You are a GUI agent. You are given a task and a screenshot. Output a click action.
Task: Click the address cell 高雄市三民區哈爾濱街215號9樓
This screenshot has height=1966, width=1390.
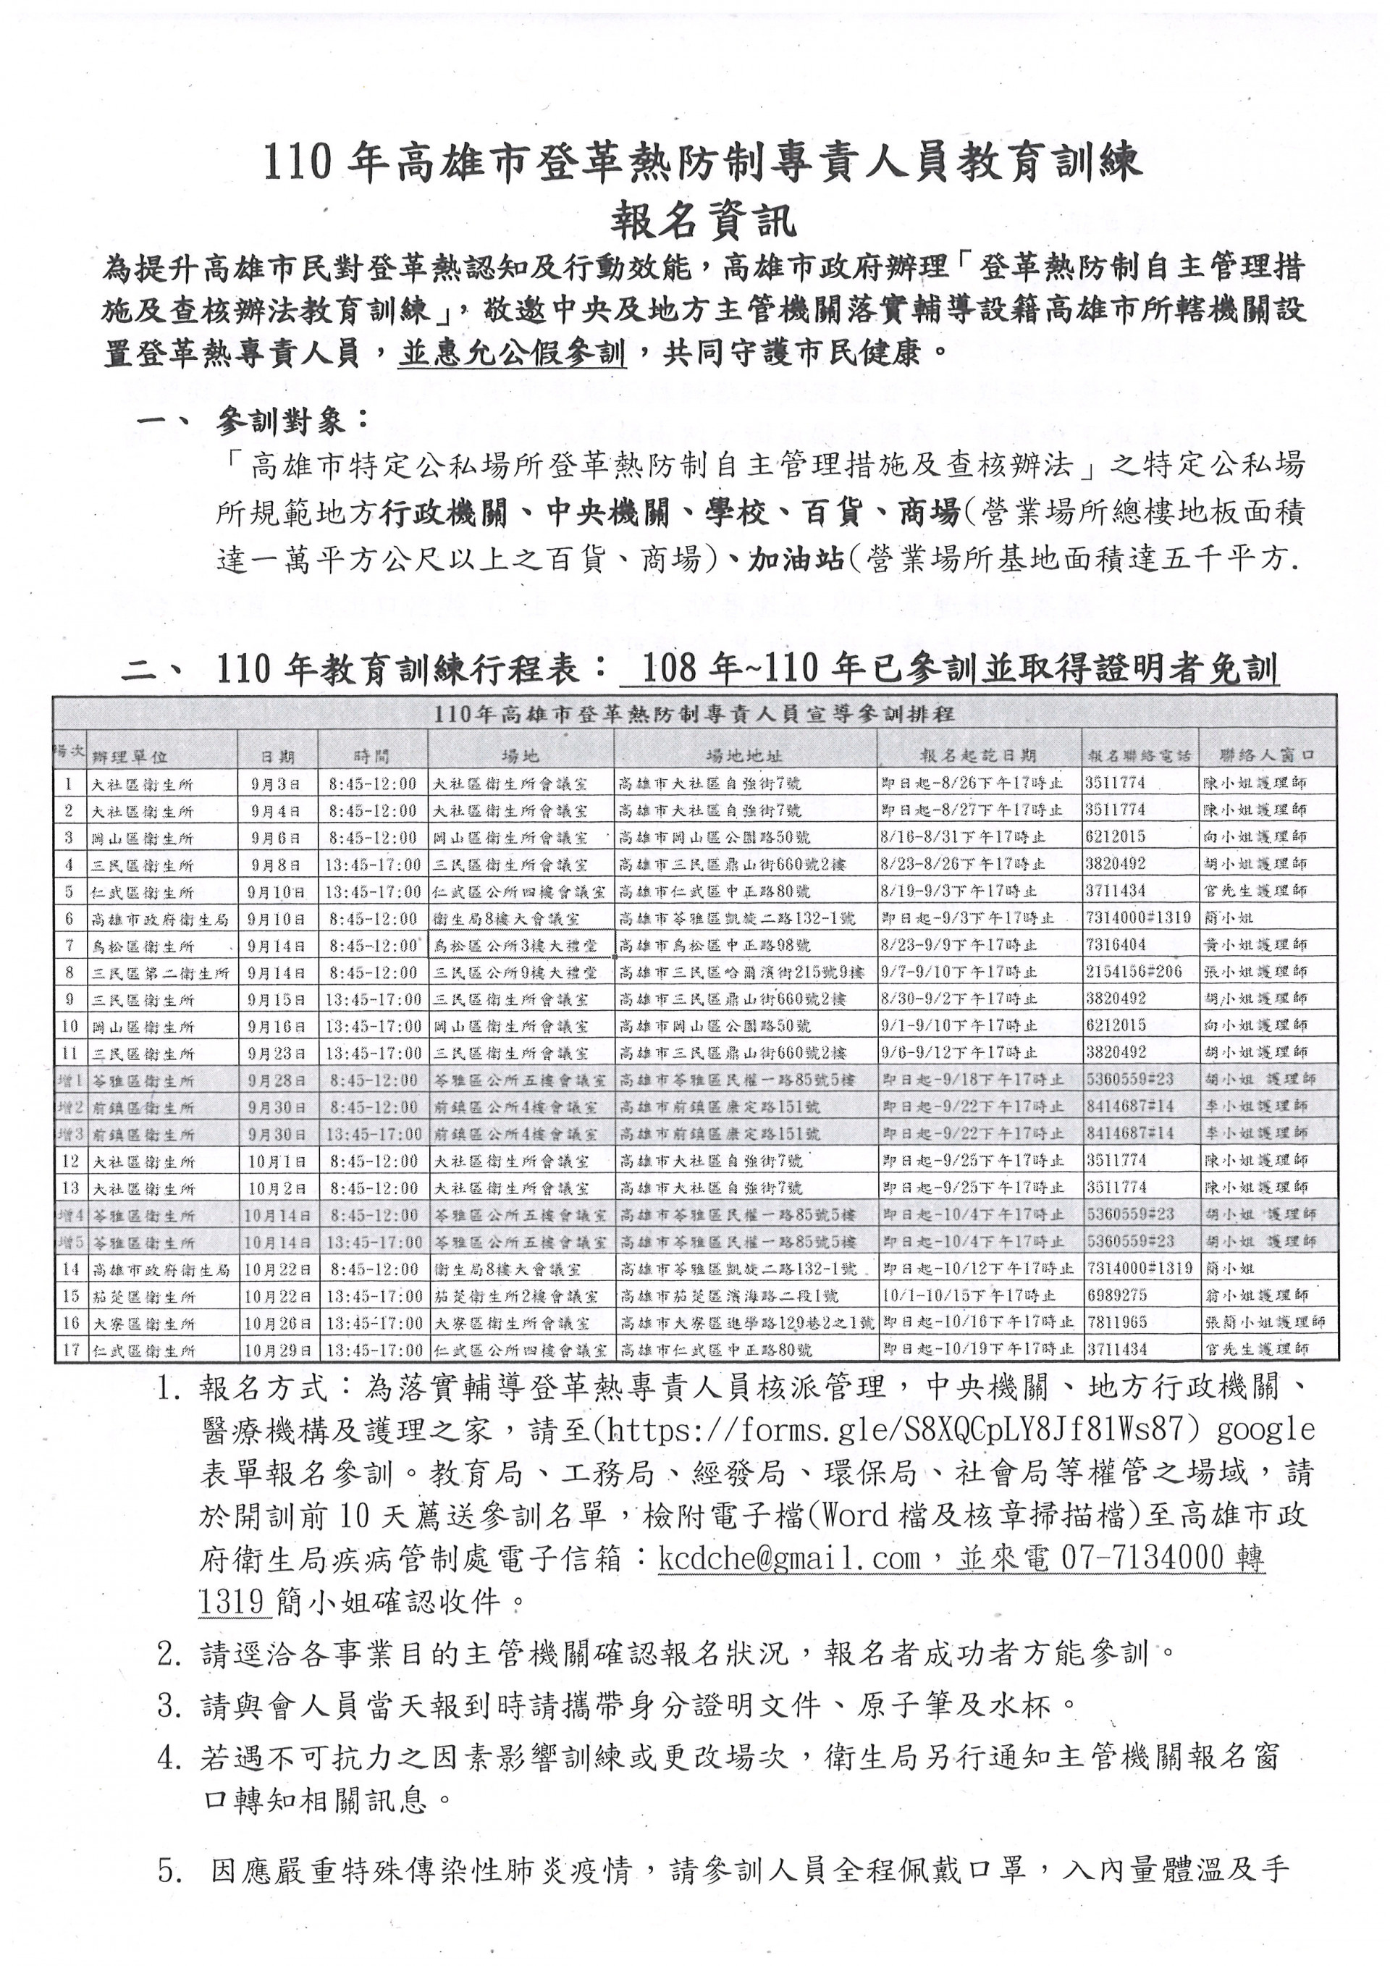coord(741,973)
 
